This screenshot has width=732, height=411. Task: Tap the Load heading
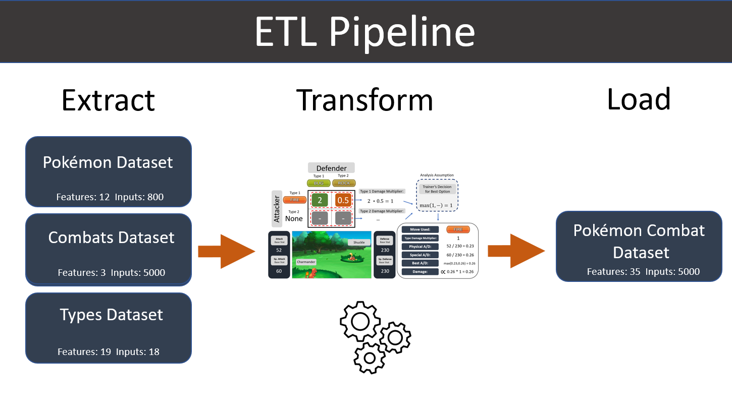tap(639, 99)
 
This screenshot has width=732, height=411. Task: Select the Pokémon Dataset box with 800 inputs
tap(108, 171)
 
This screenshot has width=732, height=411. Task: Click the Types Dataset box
tap(108, 328)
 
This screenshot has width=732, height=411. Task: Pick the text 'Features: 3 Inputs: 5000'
tap(111, 273)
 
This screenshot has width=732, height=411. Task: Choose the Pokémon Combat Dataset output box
tap(639, 246)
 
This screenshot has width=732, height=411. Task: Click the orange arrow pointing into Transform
tap(227, 251)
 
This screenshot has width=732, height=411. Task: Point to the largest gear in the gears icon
tap(359, 321)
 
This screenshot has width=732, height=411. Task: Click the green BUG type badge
tap(319, 183)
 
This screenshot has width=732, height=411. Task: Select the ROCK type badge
tap(344, 183)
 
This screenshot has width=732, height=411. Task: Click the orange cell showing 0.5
tap(343, 200)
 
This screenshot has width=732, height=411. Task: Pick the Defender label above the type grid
tap(331, 168)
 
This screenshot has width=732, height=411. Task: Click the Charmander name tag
tap(306, 262)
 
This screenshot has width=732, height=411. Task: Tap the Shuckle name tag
tap(359, 242)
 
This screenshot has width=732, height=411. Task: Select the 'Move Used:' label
tap(420, 229)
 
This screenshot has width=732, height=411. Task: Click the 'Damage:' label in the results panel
tap(420, 271)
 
